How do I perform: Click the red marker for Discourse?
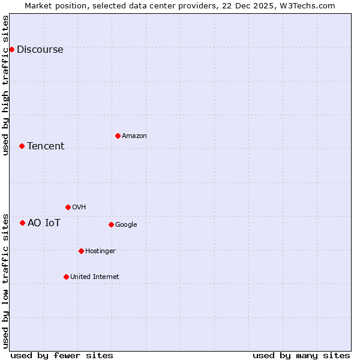[x=11, y=49]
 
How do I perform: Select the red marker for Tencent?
[x=22, y=146]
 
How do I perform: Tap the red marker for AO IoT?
[x=22, y=223]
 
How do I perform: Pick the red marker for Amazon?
[x=118, y=136]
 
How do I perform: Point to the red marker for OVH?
[x=68, y=207]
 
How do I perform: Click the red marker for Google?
[x=111, y=224]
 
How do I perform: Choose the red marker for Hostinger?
[x=81, y=251]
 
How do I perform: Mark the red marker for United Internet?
[x=66, y=277]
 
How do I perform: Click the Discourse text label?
[x=40, y=49]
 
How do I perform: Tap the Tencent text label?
[x=46, y=146]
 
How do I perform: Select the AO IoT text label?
[x=44, y=223]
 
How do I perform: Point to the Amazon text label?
[x=134, y=136]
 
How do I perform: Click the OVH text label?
[x=79, y=207]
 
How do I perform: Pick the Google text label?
[x=126, y=224]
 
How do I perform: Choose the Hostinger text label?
[x=100, y=251]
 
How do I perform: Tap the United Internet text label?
[x=95, y=277]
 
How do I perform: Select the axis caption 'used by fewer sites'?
[x=62, y=355]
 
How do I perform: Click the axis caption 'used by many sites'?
[x=301, y=355]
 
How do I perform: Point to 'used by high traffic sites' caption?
[x=5, y=85]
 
